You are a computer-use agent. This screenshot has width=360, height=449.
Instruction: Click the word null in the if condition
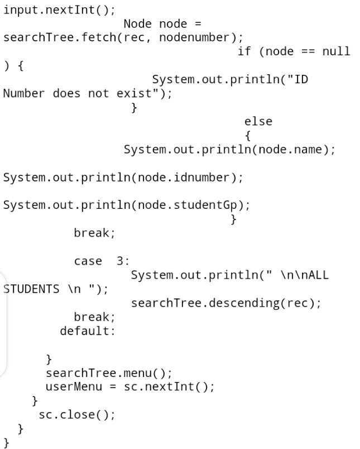pos(336,51)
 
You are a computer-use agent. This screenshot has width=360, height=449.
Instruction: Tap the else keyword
pos(258,121)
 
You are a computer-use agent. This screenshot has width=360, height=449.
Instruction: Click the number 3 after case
pos(120,261)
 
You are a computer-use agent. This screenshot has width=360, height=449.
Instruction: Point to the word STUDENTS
pos(31,289)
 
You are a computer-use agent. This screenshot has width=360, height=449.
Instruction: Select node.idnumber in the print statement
pos(184,178)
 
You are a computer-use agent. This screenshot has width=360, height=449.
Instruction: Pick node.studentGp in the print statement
pos(188,205)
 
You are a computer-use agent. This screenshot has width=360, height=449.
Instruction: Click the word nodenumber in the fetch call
pos(194,37)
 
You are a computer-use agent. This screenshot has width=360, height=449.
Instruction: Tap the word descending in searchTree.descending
pos(244,303)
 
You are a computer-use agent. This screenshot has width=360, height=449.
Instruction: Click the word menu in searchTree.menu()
pos(138,373)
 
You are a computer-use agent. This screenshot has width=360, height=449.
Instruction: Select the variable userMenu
pos(74,387)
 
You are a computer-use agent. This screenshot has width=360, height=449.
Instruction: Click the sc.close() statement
pos(77,415)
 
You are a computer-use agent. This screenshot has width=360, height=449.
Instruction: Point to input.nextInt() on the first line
pos(59,10)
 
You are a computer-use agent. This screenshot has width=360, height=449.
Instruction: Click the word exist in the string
pos(134,93)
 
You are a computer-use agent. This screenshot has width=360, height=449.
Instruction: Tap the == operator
pos(308,51)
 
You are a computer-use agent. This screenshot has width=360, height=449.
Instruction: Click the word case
pos(88,261)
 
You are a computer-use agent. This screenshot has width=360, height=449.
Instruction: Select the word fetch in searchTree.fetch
pos(98,37)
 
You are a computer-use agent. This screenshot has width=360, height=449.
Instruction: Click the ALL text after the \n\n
pos(319,275)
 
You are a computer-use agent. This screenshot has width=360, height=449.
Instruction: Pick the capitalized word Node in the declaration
pos(137,24)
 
